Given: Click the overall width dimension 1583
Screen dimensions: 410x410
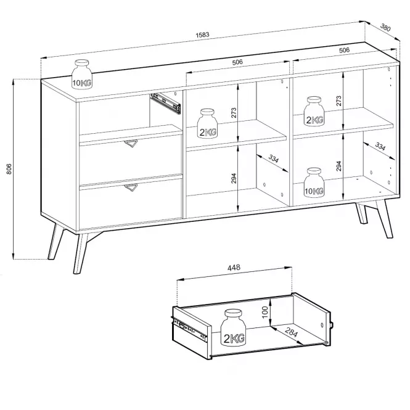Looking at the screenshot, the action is (202, 35).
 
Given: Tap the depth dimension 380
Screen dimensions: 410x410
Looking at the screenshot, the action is (385, 27).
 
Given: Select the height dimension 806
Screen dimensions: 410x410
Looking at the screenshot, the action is (9, 169).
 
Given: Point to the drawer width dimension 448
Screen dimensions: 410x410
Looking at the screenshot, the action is (234, 268).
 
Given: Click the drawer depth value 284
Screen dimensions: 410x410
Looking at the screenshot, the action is (291, 332).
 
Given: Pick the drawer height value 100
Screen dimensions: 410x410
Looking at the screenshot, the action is (264, 312).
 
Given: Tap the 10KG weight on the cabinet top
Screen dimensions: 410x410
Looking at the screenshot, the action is (81, 74).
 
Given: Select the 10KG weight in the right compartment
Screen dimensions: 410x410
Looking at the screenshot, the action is (314, 182).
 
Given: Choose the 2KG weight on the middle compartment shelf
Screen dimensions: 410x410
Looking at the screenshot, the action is (207, 123).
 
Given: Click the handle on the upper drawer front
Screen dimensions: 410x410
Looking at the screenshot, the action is (131, 143).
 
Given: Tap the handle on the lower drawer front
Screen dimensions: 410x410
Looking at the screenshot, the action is (131, 187).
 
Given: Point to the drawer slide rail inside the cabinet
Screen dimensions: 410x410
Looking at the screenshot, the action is (165, 104).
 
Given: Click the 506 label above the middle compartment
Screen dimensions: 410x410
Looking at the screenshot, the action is (237, 62).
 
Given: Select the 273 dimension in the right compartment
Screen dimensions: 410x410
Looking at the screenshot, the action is (338, 100).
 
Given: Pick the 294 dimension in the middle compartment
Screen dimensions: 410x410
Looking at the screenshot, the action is (234, 178).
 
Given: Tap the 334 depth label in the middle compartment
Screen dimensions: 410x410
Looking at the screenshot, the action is (274, 158).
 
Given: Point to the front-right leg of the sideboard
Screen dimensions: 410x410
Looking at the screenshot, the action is (384, 219).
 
